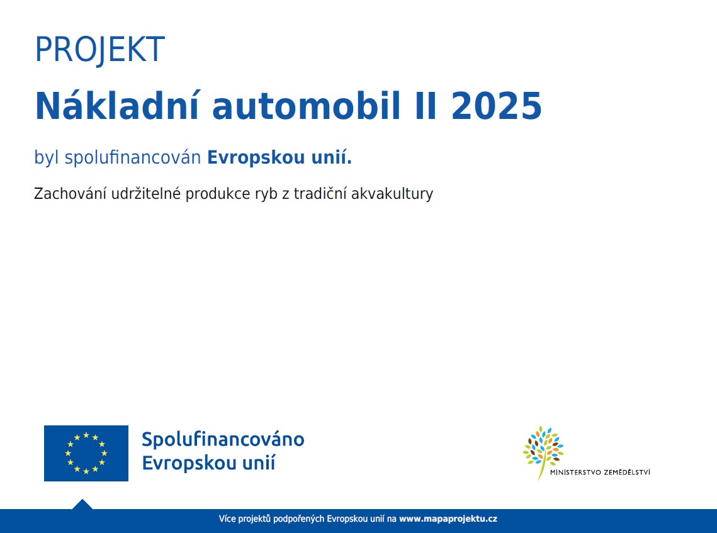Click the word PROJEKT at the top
pos(99,50)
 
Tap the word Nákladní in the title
pos(117,106)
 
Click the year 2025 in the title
pos(497,106)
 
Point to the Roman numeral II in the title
pos(426,106)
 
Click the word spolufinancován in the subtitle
pos(133,158)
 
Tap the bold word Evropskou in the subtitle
pos(256,158)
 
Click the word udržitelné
pos(146,193)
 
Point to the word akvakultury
pos(392,194)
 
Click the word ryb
pos(266,194)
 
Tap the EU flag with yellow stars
pos(86,453)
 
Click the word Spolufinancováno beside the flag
pos(223,439)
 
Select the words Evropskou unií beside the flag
pos(209,463)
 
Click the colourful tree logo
pos(543,451)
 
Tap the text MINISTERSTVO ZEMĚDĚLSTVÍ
pos(600,472)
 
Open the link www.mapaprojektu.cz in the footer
pos(448,519)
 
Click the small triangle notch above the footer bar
pos(82,504)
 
